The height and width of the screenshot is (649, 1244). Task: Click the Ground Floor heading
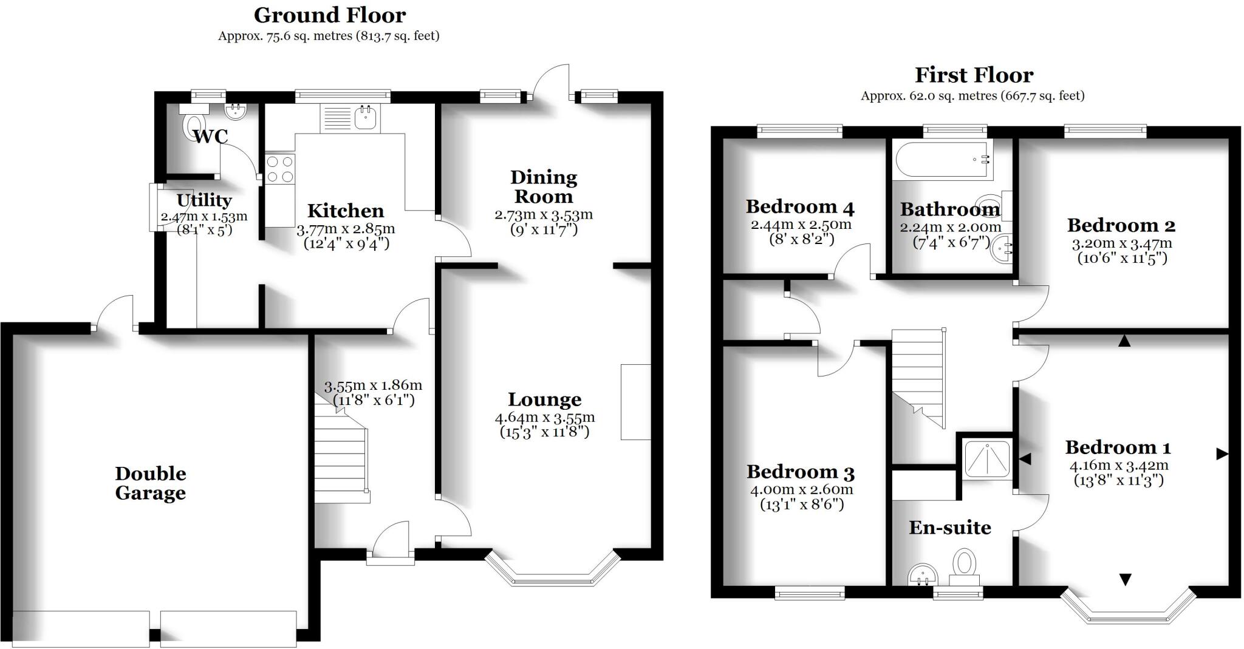click(x=330, y=15)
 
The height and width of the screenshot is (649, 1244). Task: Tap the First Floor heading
click(x=974, y=75)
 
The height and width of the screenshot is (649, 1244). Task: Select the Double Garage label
click(x=151, y=483)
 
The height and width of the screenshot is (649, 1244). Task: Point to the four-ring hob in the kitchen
click(x=280, y=168)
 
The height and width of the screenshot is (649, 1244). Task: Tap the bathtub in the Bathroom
click(x=942, y=159)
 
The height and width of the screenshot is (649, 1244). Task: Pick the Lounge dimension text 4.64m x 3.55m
click(x=545, y=418)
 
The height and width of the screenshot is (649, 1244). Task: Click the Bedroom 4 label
click(x=800, y=207)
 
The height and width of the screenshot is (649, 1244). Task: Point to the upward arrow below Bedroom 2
click(x=1124, y=341)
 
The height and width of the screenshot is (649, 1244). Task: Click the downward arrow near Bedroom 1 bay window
click(x=1125, y=580)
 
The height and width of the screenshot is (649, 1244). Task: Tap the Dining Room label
click(x=543, y=187)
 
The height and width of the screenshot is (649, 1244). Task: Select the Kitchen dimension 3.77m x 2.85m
click(x=346, y=229)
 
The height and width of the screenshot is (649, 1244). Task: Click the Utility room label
click(x=204, y=200)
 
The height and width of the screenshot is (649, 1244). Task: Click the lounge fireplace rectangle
click(x=635, y=402)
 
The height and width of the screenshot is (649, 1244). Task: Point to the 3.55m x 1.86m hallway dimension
click(x=373, y=386)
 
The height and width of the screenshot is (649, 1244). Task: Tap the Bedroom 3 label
click(x=801, y=472)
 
